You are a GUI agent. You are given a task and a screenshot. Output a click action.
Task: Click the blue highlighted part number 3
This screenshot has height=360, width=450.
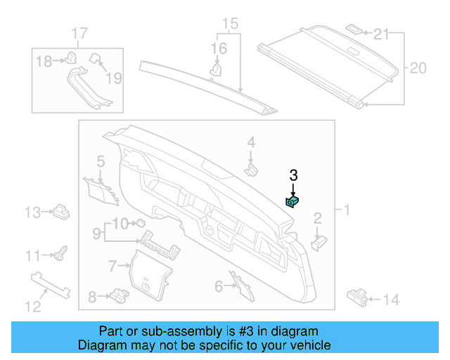292,202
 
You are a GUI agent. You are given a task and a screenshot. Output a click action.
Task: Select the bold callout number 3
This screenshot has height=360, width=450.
294,176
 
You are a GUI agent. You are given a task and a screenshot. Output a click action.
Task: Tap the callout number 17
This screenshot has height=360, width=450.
79,32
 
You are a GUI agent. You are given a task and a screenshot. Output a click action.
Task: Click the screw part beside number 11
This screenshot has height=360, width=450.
61,252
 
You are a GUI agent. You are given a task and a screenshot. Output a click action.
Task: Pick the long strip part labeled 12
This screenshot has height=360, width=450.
52,284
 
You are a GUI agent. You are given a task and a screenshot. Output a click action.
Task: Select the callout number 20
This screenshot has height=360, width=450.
418,68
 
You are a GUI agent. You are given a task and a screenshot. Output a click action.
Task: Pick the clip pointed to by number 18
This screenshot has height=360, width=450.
71,60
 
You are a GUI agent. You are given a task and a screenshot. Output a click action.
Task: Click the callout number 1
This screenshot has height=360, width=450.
346,210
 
